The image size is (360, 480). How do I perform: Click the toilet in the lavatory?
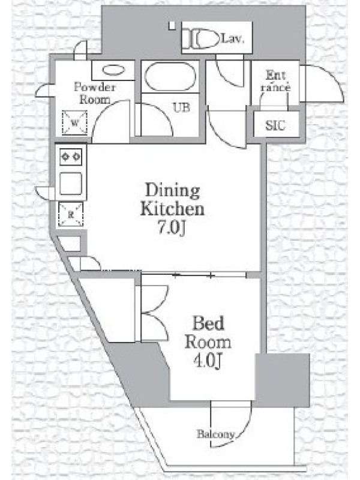[202, 38]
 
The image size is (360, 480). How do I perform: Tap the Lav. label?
[233, 38]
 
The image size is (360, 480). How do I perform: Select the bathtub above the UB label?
[170, 77]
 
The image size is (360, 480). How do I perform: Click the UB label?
[181, 107]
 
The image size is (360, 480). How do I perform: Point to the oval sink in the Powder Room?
[113, 70]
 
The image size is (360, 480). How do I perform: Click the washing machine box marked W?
[74, 123]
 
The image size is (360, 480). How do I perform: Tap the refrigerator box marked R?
[71, 214]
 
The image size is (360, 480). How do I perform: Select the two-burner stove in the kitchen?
[71, 157]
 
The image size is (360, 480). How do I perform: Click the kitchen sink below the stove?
[71, 184]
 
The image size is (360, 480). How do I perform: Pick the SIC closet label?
[275, 125]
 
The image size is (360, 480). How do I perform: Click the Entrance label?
[275, 82]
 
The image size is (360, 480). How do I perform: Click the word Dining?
[173, 191]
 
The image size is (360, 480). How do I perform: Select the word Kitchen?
[172, 209]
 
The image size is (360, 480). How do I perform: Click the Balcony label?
[216, 434]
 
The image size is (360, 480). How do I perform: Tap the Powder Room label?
[95, 93]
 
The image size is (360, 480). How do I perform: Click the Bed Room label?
[208, 333]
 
